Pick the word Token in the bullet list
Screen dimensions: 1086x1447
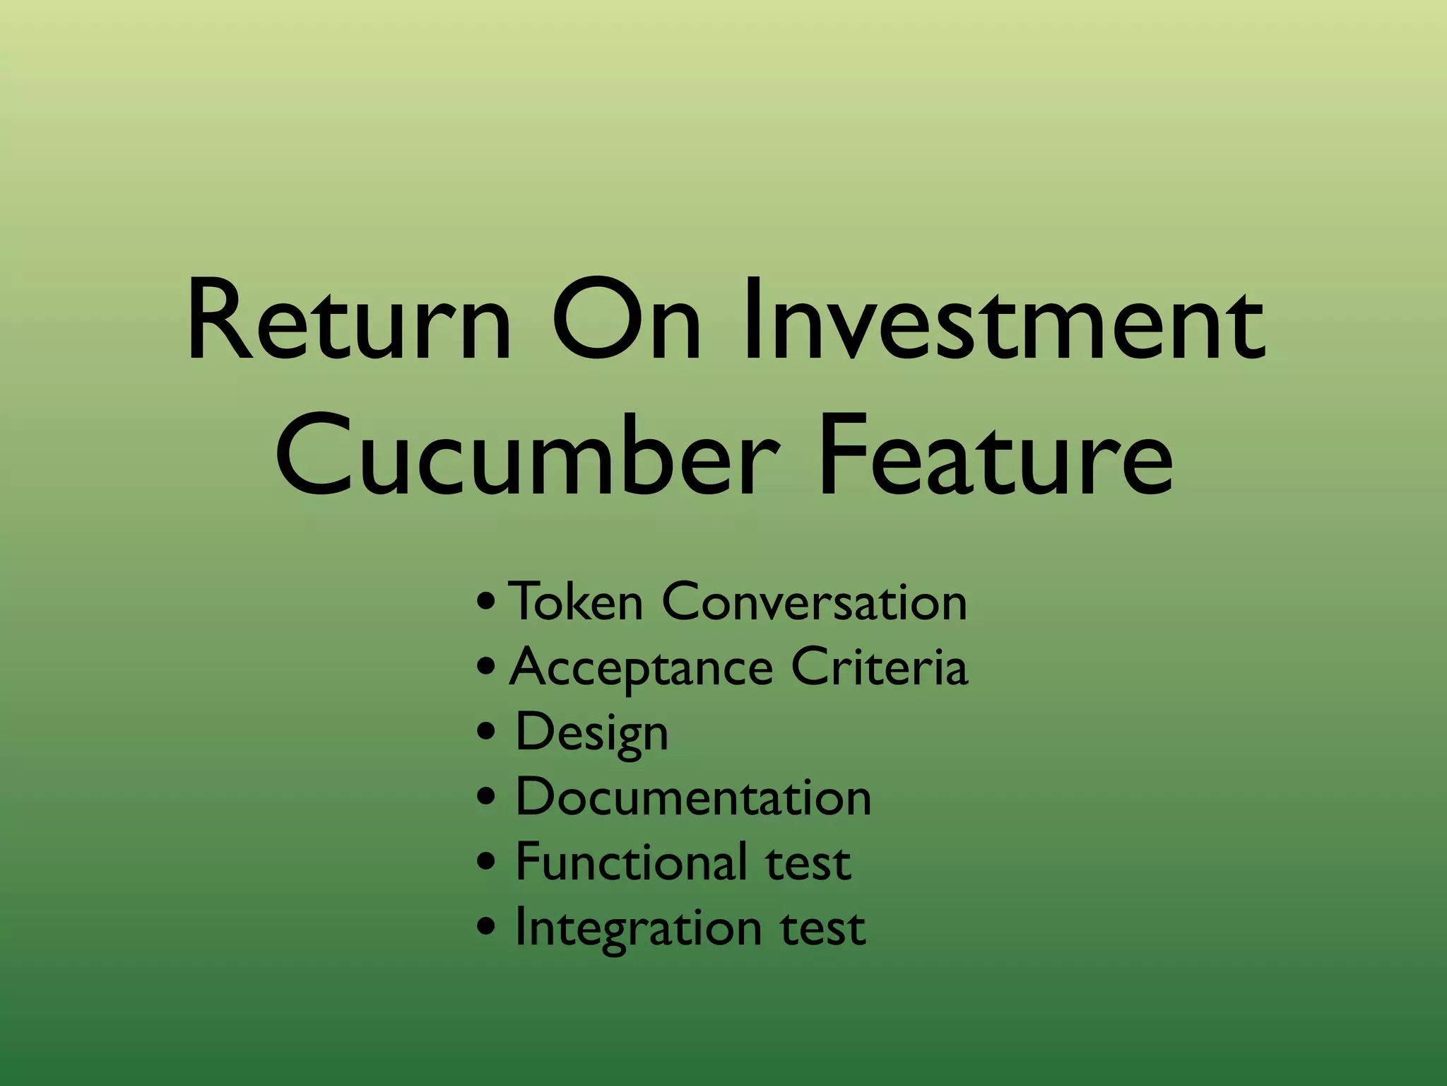575,602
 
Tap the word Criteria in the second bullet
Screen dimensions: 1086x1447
879,667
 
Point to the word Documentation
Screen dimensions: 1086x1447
693,798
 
